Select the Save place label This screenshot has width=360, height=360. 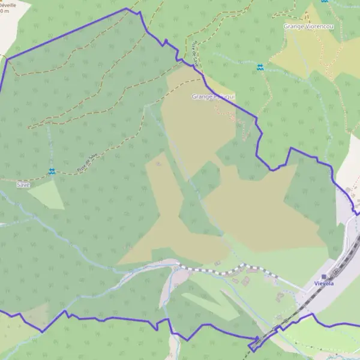click(x=23, y=185)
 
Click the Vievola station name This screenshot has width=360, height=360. click(x=323, y=284)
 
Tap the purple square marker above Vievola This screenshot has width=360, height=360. click(x=323, y=276)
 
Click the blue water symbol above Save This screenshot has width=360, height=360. click(x=52, y=172)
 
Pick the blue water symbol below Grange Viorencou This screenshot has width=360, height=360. click(x=260, y=68)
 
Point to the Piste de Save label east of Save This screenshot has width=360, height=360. click(x=86, y=162)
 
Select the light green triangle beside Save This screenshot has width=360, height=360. click(x=48, y=193)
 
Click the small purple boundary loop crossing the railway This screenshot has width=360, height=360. click(x=254, y=344)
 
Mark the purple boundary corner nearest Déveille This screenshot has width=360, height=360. click(x=7, y=59)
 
